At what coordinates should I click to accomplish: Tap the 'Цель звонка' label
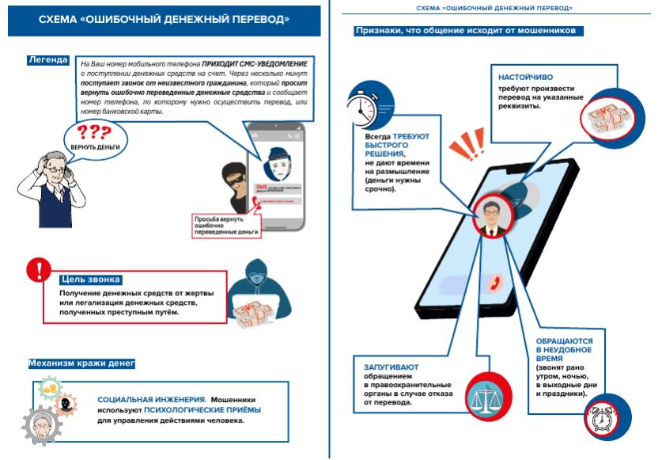90,279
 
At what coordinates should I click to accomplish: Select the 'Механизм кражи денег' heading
81,364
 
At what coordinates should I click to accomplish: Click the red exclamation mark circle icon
37,270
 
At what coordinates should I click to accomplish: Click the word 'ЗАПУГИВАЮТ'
392,367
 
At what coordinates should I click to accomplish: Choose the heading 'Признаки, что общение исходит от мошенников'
470,31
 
